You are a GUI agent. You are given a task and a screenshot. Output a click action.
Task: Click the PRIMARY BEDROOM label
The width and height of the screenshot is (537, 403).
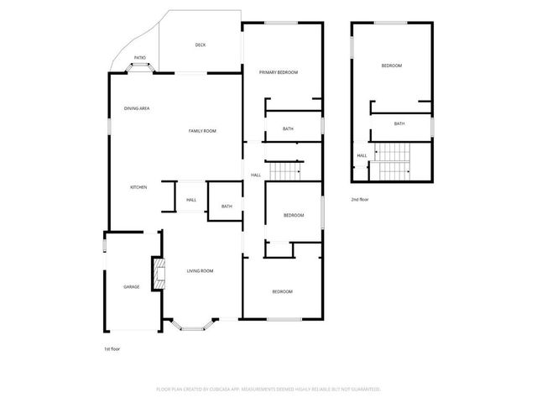click(278, 72)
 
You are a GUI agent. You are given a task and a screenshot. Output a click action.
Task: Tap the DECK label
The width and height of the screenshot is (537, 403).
click(201, 45)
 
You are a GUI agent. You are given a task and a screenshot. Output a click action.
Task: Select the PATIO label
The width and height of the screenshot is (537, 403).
click(140, 57)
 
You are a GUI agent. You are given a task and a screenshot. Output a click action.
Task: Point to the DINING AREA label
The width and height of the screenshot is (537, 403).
click(137, 108)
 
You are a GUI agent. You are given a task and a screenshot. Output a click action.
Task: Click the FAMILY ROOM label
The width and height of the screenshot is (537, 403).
click(202, 131)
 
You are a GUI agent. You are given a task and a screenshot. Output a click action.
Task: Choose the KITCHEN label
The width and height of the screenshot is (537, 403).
click(138, 187)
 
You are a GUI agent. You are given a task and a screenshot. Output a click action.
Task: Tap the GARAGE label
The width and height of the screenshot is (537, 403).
click(132, 287)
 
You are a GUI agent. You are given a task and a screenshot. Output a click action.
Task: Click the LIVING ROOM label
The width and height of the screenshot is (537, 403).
click(200, 270)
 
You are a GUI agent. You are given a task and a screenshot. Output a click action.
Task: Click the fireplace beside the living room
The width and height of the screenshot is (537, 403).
click(156, 274)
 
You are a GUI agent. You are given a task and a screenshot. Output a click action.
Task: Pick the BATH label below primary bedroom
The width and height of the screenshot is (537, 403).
click(288, 128)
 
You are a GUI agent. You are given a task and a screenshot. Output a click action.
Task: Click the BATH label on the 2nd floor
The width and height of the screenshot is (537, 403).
click(399, 123)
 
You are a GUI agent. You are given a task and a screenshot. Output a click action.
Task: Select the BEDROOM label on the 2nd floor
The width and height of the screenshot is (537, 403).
click(392, 65)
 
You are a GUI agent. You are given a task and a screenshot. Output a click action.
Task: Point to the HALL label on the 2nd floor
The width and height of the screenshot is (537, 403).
click(362, 155)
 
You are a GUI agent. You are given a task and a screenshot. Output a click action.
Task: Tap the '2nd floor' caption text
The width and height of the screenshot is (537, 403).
click(361, 199)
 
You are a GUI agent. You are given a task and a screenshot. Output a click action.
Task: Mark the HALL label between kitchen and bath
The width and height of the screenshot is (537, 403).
click(191, 200)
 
